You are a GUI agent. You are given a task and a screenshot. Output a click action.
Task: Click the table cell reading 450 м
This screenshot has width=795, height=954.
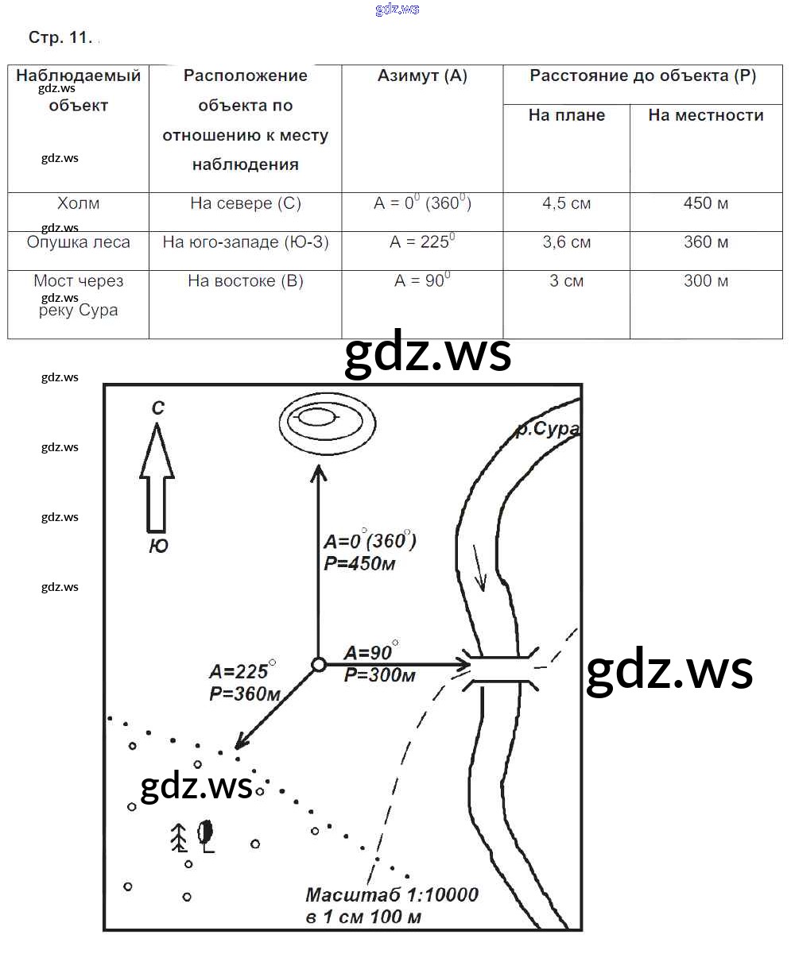coord(705,203)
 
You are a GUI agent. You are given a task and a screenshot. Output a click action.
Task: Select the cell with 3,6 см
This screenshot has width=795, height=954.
coord(566,241)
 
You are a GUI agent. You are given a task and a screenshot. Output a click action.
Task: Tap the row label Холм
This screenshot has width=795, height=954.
coord(78,203)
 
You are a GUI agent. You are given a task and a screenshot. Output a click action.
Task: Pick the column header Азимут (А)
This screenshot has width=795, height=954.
coord(422,75)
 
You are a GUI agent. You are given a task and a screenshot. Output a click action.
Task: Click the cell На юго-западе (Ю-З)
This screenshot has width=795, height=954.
coord(246,241)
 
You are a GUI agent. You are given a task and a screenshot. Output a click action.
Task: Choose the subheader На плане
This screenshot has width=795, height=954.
coord(566,115)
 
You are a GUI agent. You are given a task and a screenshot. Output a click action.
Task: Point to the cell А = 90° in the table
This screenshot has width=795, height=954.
coord(422,280)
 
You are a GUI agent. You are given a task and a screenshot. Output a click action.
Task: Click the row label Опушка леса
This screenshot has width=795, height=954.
coord(78,241)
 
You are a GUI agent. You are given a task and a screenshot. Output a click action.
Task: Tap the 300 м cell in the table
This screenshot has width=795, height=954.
coord(705,280)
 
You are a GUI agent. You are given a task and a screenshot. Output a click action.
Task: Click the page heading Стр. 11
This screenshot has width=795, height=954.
coord(60,37)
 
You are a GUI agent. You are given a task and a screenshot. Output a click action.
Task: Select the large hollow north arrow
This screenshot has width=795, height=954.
coord(157,477)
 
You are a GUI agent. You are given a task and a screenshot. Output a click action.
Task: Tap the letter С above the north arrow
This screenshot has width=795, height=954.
coord(158,408)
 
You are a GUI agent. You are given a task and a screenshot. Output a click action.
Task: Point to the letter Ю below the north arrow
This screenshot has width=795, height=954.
coord(158,546)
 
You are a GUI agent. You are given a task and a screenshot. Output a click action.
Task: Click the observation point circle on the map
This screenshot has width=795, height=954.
coord(319,664)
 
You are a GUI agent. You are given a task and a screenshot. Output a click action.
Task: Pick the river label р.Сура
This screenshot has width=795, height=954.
coord(547,429)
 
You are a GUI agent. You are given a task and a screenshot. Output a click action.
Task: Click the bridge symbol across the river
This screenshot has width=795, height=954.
coord(500,670)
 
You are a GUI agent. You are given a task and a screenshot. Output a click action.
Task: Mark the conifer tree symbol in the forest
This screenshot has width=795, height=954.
coord(180,838)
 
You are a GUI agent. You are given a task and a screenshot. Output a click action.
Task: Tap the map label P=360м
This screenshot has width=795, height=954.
coord(245,694)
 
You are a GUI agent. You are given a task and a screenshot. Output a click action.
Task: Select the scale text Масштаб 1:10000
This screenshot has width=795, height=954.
coord(392,894)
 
